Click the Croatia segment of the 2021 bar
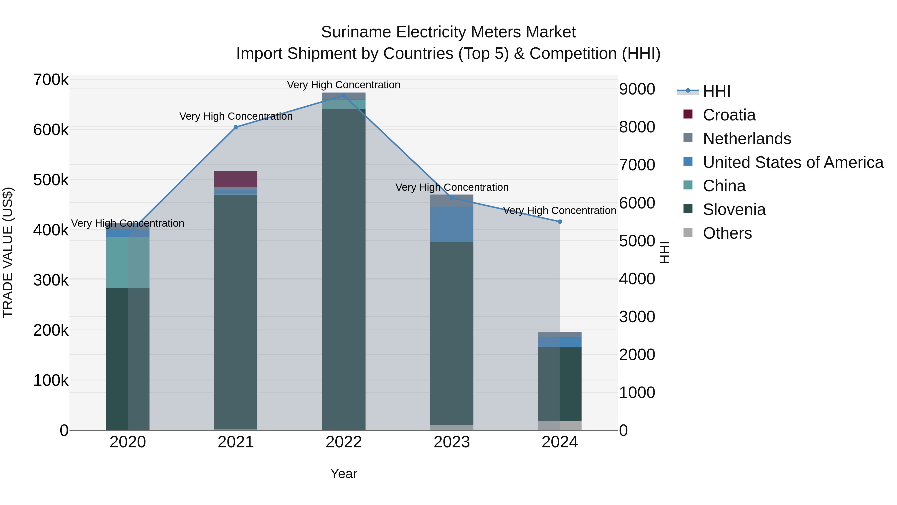(235, 179)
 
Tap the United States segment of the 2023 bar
(452, 224)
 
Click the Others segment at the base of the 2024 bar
(560, 425)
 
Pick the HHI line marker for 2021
(236, 127)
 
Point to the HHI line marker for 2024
(560, 222)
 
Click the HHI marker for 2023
(452, 198)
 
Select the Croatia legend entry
(729, 115)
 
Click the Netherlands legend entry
(747, 139)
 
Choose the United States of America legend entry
(793, 162)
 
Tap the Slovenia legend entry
(734, 209)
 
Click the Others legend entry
(727, 233)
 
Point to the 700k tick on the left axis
(51, 80)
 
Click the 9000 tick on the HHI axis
(637, 89)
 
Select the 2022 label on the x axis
(344, 442)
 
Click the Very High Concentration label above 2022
(343, 85)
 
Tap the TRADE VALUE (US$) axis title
(8, 252)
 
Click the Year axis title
(344, 474)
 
